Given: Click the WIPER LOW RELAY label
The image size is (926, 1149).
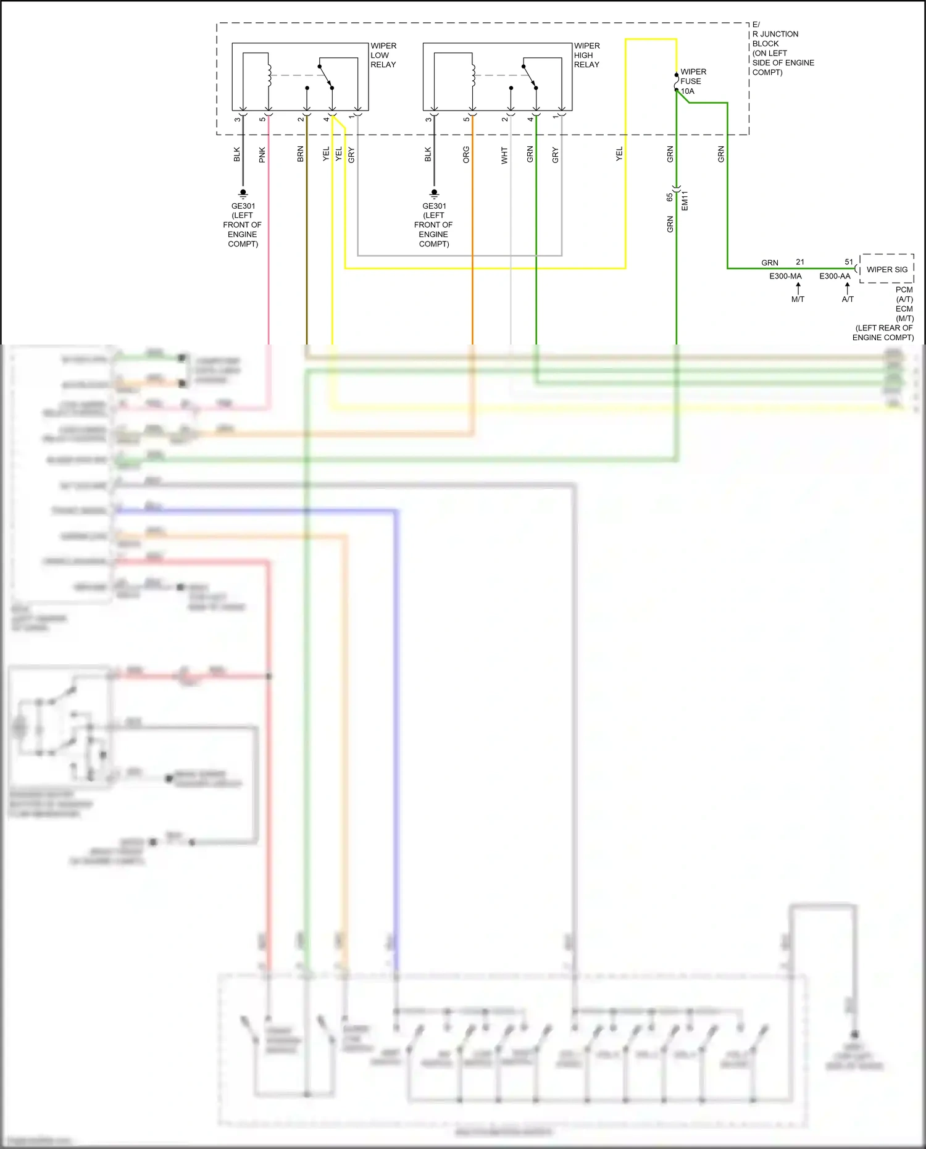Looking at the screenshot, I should pyautogui.click(x=383, y=56).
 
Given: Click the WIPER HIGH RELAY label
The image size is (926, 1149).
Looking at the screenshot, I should pyautogui.click(x=586, y=56).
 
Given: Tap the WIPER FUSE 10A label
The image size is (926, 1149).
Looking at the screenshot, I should pyautogui.click(x=693, y=81).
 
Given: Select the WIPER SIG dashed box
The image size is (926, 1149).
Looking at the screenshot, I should pyautogui.click(x=886, y=269).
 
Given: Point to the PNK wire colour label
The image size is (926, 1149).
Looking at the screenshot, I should pyautogui.click(x=262, y=154).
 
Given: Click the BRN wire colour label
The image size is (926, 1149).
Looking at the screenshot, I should pyautogui.click(x=301, y=154).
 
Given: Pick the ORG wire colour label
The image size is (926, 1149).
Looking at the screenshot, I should pyautogui.click(x=466, y=154).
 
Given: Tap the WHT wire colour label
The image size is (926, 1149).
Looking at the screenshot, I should pyautogui.click(x=504, y=155).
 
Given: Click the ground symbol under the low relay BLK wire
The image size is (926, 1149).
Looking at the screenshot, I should pyautogui.click(x=243, y=193).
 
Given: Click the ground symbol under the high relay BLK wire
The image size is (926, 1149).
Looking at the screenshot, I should pyautogui.click(x=434, y=193).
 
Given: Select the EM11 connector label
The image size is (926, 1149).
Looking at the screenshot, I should pyautogui.click(x=685, y=201).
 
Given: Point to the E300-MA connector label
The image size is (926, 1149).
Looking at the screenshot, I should pyautogui.click(x=785, y=276).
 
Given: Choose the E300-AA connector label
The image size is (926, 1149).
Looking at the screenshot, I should pyautogui.click(x=835, y=276).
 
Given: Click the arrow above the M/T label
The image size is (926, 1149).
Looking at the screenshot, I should pyautogui.click(x=798, y=288).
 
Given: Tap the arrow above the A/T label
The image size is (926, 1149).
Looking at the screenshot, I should pyautogui.click(x=847, y=288).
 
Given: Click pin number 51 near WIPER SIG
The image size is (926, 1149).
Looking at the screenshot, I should pyautogui.click(x=849, y=262).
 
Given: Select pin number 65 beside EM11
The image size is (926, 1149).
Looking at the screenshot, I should pyautogui.click(x=670, y=198).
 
